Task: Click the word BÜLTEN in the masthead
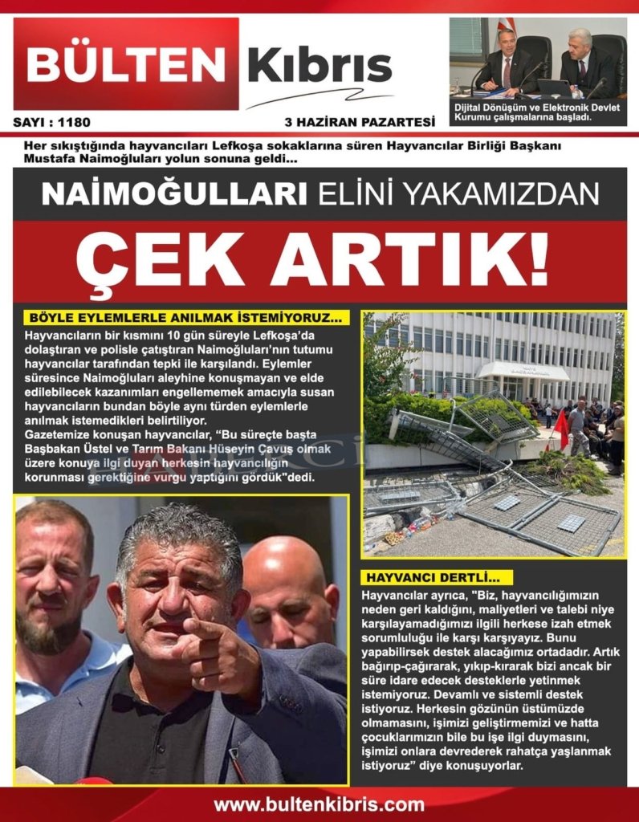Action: tap(127, 63)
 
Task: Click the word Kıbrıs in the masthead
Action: tap(319, 65)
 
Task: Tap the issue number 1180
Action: tap(75, 123)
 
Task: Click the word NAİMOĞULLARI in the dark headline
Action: tap(174, 193)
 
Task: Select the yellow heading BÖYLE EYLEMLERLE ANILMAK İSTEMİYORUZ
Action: tap(185, 317)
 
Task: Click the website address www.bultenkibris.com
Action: tap(319, 804)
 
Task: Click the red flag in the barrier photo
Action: tap(560, 429)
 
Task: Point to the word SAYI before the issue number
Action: tap(29, 123)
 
